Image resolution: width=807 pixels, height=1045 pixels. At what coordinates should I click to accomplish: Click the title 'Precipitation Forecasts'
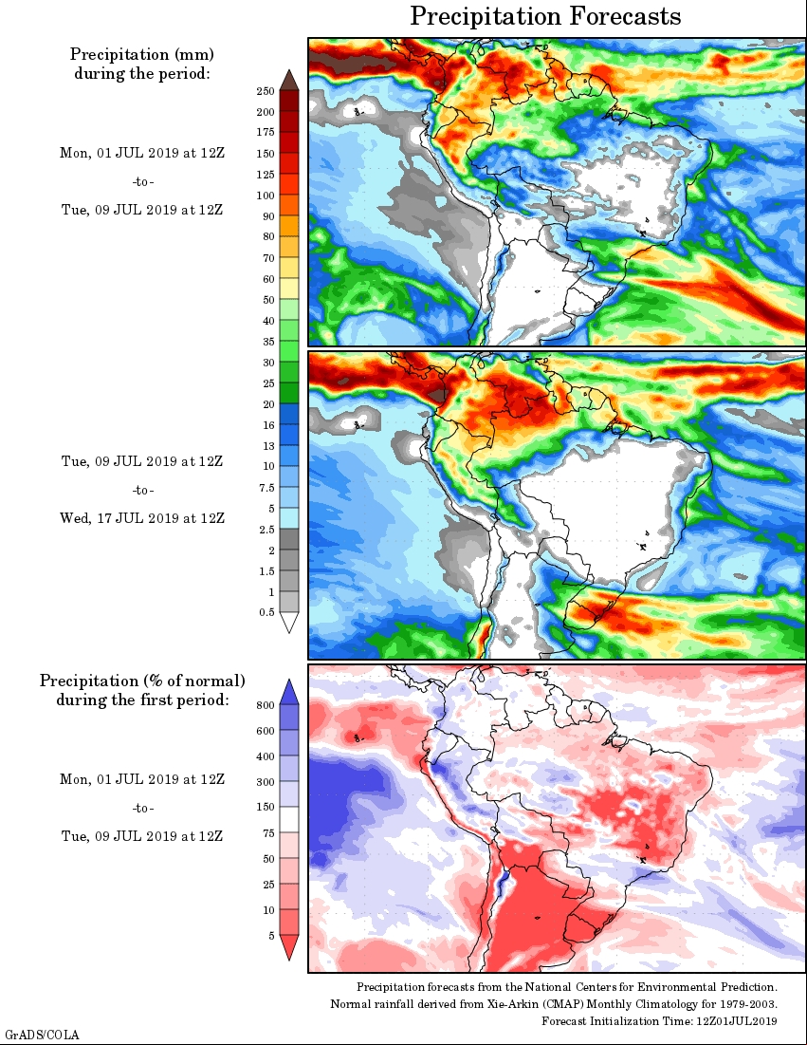coord(545,16)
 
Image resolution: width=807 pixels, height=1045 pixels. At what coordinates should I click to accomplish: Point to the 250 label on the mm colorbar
coord(266,91)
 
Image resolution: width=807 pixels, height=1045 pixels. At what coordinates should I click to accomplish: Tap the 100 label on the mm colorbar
coord(266,196)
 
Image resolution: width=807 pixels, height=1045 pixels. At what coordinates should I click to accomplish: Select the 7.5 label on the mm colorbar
coord(267,487)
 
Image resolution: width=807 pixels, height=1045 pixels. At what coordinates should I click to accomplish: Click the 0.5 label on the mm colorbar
coord(267,612)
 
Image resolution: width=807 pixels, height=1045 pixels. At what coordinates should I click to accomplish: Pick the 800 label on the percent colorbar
coord(266,705)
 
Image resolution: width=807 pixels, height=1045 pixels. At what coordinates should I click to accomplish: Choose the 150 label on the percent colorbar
coord(266,807)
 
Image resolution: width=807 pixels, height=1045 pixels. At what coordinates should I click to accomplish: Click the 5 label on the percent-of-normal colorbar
coord(271,936)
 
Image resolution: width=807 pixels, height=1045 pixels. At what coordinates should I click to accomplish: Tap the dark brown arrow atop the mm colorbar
coord(289,80)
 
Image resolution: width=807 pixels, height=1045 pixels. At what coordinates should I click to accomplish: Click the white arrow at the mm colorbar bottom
coord(289,622)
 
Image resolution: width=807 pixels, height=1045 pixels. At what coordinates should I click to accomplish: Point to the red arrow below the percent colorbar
coord(289,947)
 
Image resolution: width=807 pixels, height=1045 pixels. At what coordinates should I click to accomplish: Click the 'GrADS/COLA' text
coord(42,1035)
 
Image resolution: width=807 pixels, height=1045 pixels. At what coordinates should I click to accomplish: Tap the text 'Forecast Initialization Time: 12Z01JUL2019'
coord(659,1021)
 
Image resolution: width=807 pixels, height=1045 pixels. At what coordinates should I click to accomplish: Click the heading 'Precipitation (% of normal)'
coord(142,681)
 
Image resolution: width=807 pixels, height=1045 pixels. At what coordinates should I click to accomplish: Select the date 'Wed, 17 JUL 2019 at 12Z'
coord(142,518)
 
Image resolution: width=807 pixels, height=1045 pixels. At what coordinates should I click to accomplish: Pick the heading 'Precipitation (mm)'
coord(142,54)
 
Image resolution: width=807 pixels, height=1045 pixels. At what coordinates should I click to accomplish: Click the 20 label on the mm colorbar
coord(268,404)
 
